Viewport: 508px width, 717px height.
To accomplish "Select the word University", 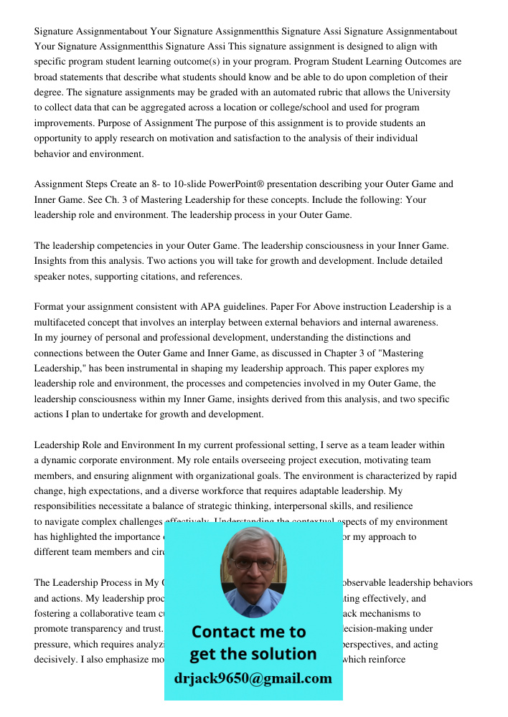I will (429, 92).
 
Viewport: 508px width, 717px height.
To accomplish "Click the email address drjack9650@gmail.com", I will (253, 678).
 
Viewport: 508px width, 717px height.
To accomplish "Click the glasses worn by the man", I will (253, 563).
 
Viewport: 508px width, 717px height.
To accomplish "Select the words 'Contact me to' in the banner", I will (248, 632).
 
